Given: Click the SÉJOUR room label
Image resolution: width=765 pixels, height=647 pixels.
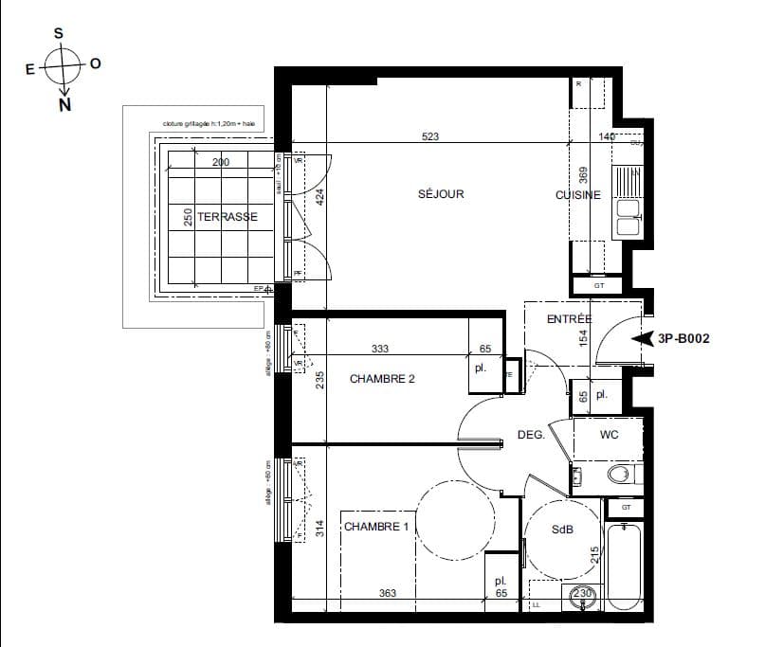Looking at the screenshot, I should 441,194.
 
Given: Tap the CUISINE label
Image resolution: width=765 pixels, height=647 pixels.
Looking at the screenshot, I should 578,195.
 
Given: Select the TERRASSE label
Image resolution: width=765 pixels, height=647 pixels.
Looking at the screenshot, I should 228,217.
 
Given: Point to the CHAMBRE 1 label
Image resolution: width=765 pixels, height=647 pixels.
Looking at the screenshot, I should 376,527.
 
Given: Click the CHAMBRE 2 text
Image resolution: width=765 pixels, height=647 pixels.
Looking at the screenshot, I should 382,379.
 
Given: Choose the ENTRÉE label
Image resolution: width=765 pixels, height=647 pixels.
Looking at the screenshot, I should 570,320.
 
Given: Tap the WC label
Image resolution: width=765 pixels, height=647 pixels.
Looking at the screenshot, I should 609,435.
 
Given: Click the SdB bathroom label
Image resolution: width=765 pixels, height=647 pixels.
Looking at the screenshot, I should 563,530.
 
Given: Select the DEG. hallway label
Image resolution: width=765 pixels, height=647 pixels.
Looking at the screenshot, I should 530,435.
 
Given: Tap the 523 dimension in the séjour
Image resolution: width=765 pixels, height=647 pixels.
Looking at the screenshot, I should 430,137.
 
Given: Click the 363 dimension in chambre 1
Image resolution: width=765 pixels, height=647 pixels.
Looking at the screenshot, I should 387,594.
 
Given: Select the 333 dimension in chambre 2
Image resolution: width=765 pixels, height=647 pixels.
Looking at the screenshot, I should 379,350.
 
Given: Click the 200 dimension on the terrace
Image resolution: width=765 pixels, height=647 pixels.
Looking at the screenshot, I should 221,163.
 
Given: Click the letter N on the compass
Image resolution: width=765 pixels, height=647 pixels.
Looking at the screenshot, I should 64,105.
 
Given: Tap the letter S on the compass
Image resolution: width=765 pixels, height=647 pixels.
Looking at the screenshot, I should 59,33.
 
